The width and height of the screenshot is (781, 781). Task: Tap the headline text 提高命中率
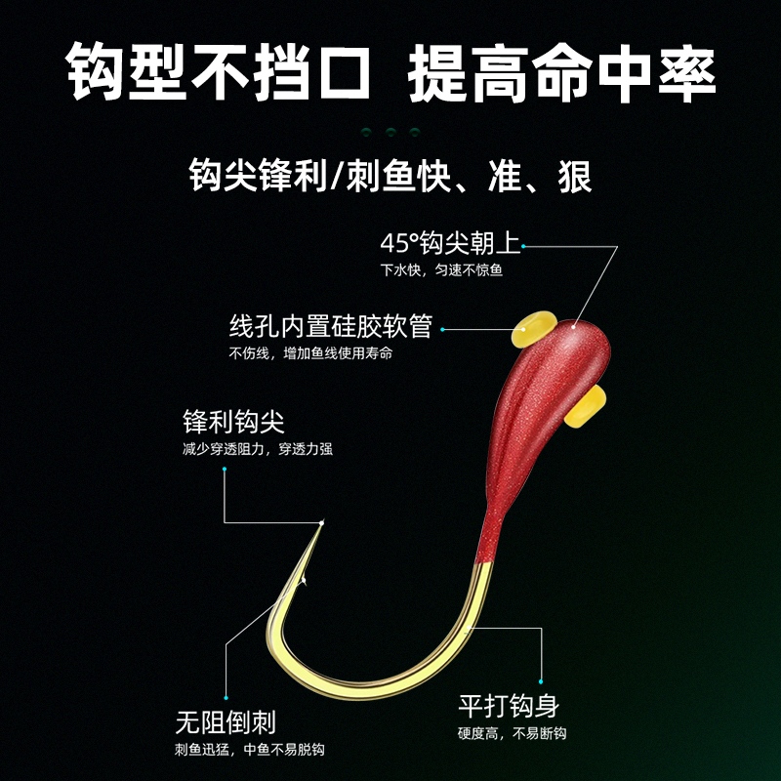pyautogui.click(x=563, y=70)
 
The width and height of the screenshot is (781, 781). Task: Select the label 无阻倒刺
pyautogui.click(x=226, y=722)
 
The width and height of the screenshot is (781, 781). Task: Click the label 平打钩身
pyautogui.click(x=509, y=706)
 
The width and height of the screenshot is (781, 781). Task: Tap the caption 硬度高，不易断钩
pyautogui.click(x=513, y=733)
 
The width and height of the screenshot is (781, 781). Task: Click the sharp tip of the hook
pyautogui.click(x=322, y=523)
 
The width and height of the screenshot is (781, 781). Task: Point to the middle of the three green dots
pyautogui.click(x=390, y=131)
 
